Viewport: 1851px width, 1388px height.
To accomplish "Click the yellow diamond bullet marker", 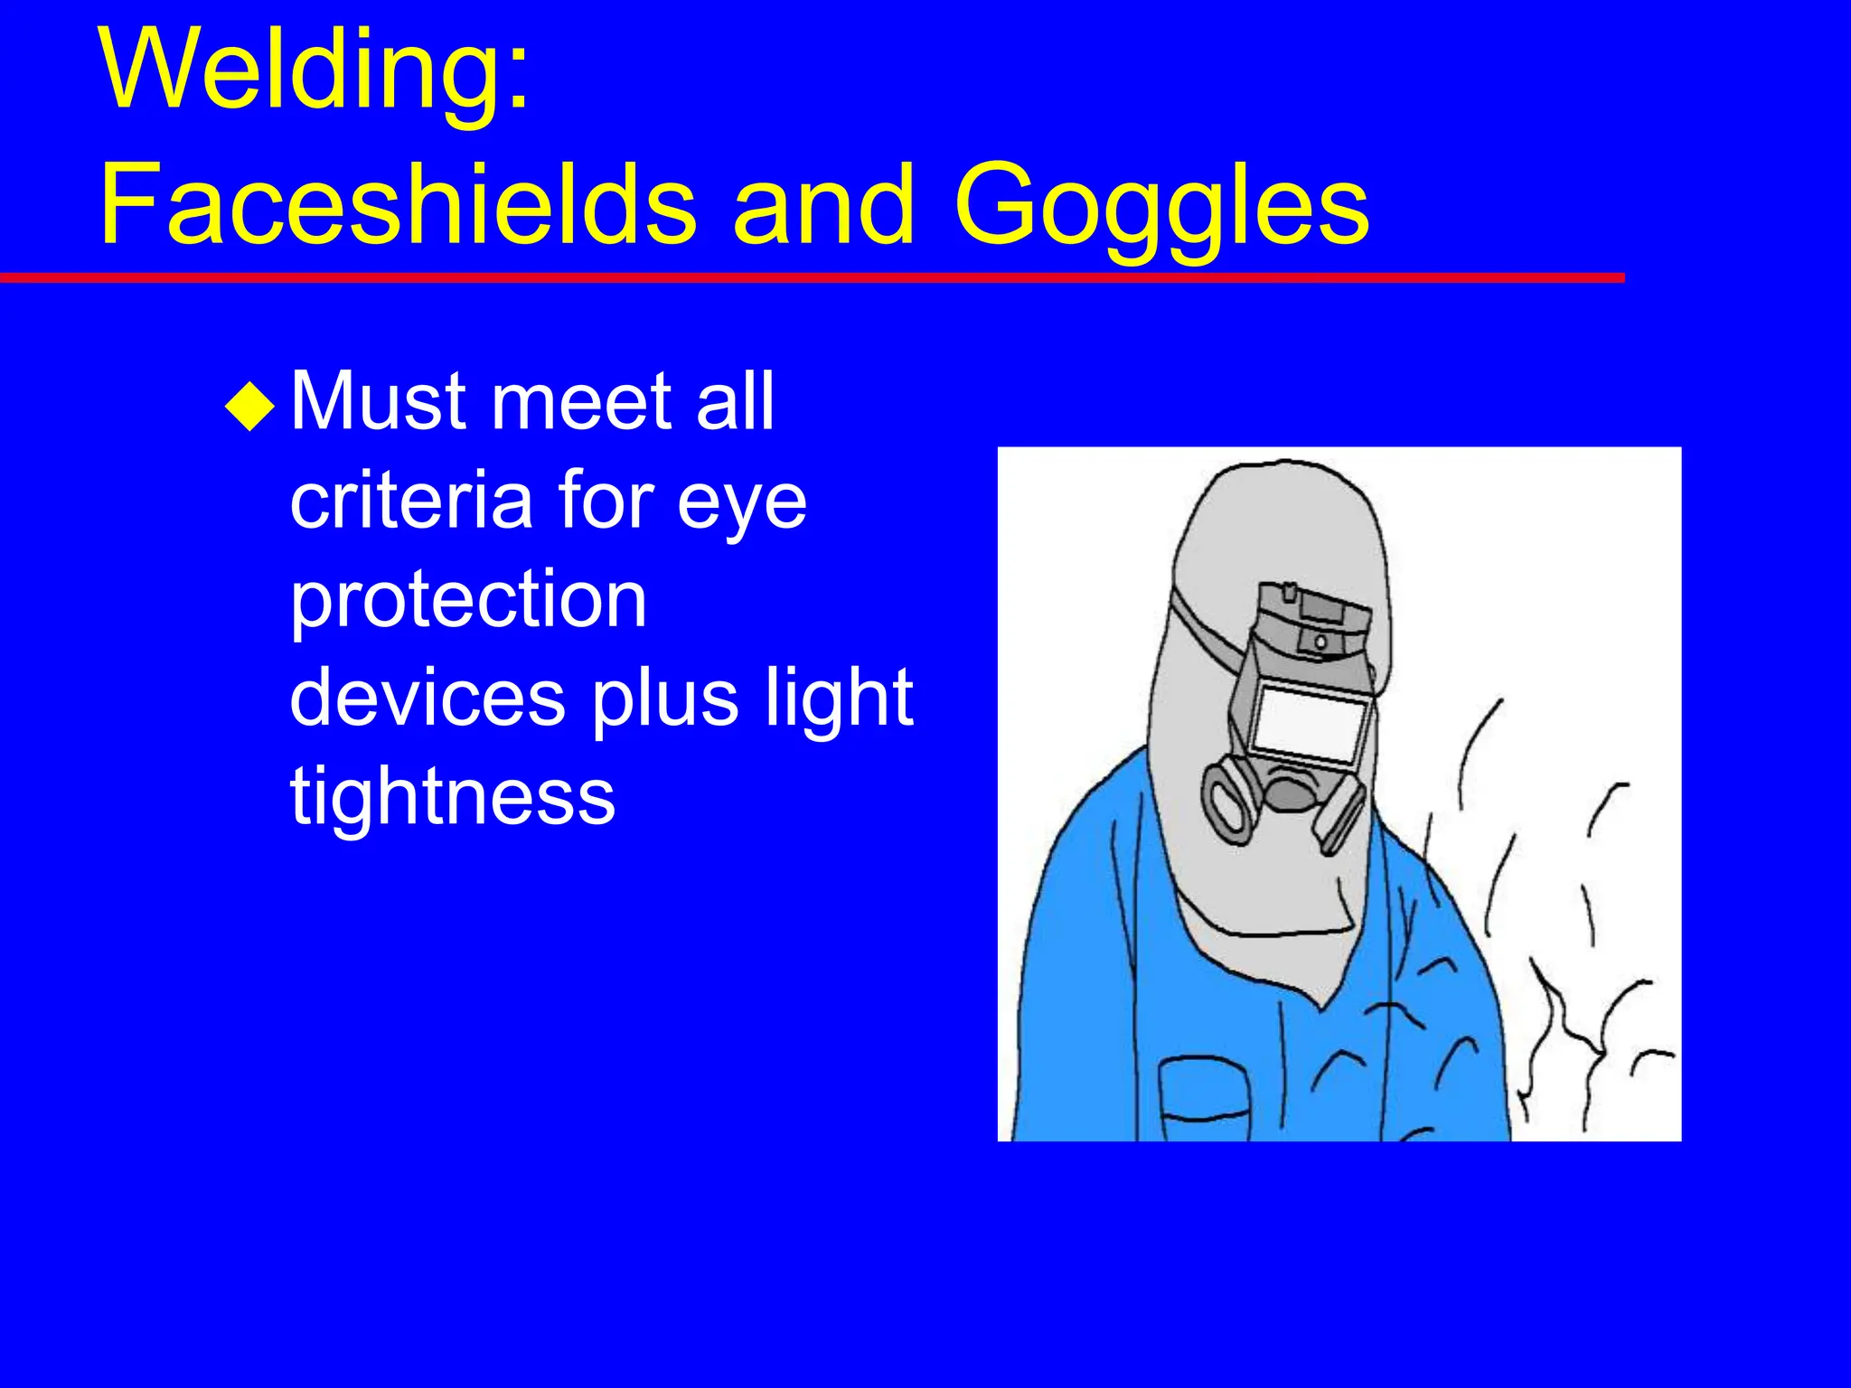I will click(x=249, y=406).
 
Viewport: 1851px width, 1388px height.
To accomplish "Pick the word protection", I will click(x=468, y=600).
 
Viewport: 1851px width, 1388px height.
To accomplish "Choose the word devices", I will click(x=428, y=698).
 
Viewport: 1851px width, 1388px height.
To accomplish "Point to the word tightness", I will click(x=452, y=795).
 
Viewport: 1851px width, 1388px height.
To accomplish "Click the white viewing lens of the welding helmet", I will click(x=1310, y=720).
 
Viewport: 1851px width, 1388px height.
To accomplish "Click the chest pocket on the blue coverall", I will click(x=1202, y=1098).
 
